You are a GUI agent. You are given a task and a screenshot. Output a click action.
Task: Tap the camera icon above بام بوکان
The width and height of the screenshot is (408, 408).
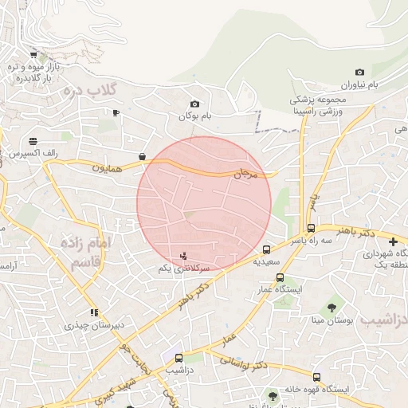point(195,104)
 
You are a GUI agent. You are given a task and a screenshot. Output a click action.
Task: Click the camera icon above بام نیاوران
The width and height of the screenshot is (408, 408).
point(359,73)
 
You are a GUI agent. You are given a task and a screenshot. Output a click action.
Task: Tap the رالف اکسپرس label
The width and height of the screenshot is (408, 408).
point(29,152)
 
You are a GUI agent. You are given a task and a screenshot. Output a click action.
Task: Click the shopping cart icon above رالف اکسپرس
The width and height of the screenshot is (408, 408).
point(33,140)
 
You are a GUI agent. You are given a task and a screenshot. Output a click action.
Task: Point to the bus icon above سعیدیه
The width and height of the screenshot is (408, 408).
point(266,249)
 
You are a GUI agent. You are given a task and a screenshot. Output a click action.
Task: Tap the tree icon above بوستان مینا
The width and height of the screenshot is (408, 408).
point(331,308)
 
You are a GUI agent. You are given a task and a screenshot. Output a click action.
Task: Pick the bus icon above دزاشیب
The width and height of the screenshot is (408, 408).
point(178,359)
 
